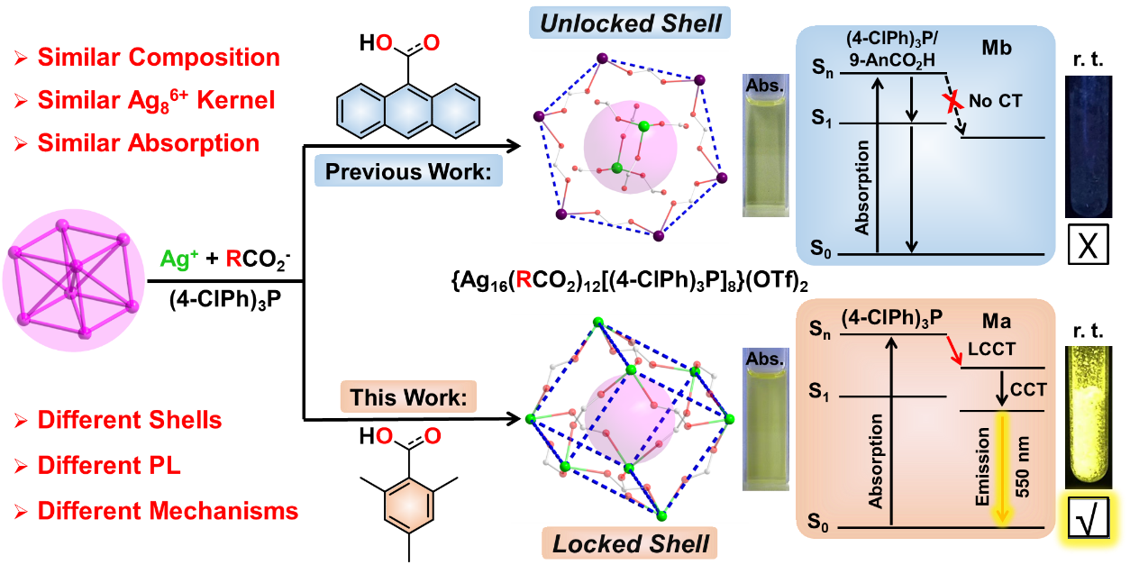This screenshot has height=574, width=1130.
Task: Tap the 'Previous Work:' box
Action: click(x=408, y=170)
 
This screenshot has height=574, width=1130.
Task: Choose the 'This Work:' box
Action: click(x=408, y=397)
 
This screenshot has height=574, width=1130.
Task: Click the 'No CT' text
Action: click(x=996, y=101)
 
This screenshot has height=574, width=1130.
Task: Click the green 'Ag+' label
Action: click(x=180, y=260)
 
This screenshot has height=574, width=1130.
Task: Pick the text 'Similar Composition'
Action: click(x=158, y=59)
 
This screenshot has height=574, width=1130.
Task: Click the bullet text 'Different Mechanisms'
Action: click(x=168, y=512)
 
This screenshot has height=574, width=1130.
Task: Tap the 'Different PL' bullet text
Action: click(x=108, y=466)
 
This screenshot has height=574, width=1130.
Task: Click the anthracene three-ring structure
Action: click(x=407, y=108)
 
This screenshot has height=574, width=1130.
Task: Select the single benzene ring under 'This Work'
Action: click(x=409, y=505)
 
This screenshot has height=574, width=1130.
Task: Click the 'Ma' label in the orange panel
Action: click(x=997, y=322)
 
